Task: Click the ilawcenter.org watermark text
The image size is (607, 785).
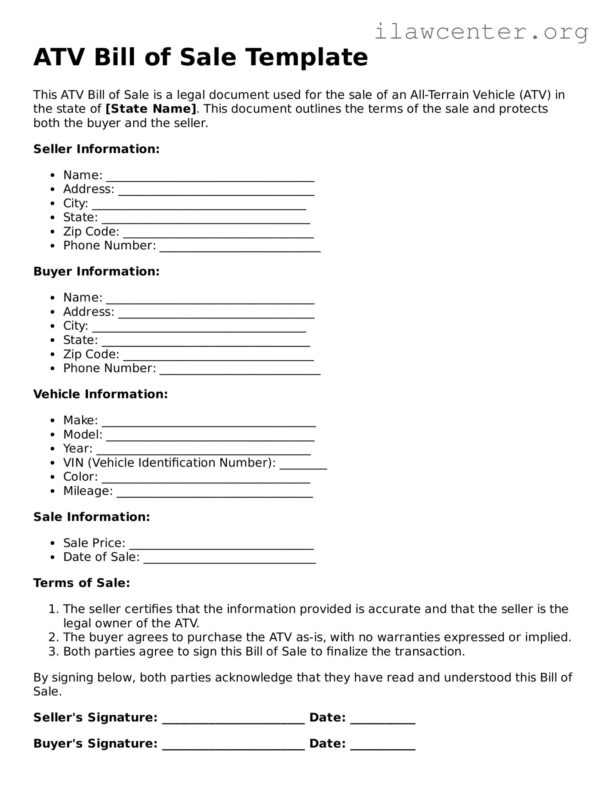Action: [x=481, y=32]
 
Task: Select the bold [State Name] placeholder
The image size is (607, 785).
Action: [x=151, y=109]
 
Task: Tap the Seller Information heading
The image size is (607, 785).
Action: [x=96, y=149]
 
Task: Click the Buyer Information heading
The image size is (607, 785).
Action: [x=96, y=272]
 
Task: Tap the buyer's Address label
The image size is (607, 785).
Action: [x=89, y=312]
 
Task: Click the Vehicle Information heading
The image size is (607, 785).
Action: [x=100, y=394]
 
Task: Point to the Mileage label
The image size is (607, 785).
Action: [x=88, y=491]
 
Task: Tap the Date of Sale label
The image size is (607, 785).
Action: [x=101, y=557]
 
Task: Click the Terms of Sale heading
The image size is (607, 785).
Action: [x=81, y=583]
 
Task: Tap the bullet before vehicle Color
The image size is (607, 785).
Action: [x=52, y=477]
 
